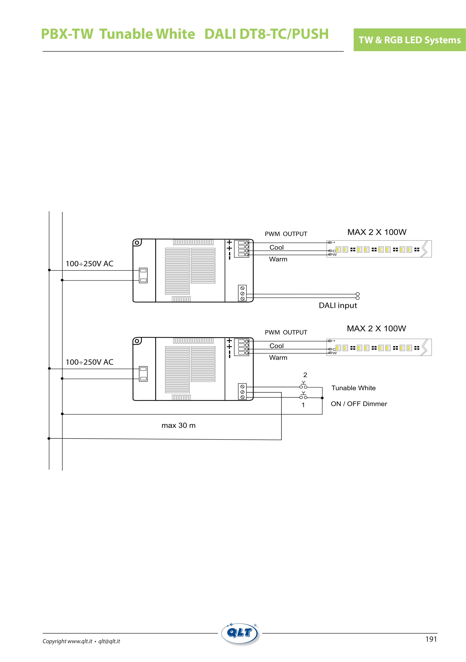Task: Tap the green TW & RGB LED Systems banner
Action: [x=410, y=40]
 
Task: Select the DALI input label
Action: [x=338, y=305]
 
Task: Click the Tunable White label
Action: [x=354, y=388]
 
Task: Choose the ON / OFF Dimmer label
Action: [x=359, y=404]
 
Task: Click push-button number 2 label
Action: [x=305, y=375]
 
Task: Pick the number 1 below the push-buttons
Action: [x=303, y=405]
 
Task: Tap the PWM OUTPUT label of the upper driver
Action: [x=286, y=234]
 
